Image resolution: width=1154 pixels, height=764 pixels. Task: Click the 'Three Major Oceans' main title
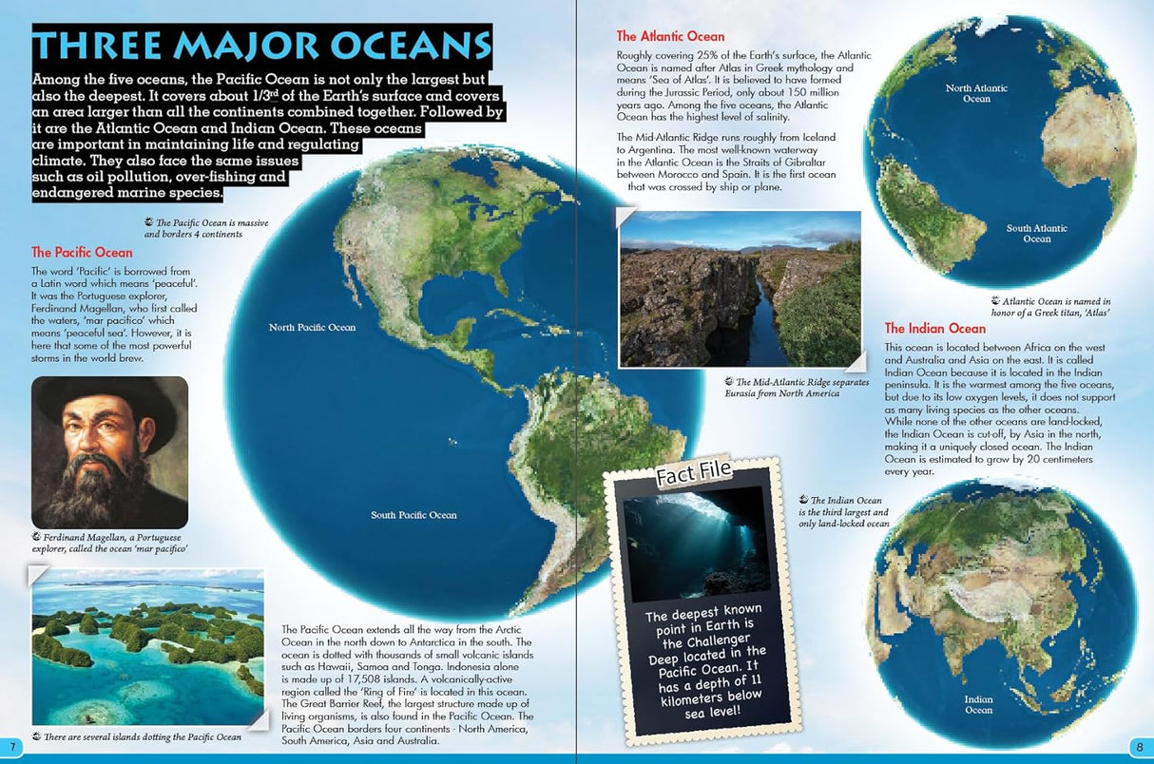click(x=261, y=47)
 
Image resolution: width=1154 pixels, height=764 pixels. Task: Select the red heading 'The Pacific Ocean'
click(x=82, y=253)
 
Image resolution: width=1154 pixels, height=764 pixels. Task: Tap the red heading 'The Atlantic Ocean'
click(x=670, y=37)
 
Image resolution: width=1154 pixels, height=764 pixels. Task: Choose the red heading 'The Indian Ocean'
click(x=934, y=329)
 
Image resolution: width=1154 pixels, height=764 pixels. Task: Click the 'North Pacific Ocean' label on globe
click(x=312, y=328)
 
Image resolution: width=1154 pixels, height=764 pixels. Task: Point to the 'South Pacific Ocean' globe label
click(x=414, y=515)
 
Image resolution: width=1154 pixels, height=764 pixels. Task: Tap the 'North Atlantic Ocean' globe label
click(x=976, y=93)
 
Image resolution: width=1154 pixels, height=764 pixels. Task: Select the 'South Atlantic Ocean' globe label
click(x=1036, y=234)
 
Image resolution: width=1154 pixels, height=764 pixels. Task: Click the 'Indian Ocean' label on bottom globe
click(x=978, y=704)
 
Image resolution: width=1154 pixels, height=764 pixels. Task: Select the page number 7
click(x=10, y=744)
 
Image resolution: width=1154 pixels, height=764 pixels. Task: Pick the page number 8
click(x=1139, y=744)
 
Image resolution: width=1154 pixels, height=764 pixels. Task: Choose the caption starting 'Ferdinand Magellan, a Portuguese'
click(x=109, y=543)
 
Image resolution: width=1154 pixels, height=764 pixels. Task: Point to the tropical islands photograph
click(x=147, y=646)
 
